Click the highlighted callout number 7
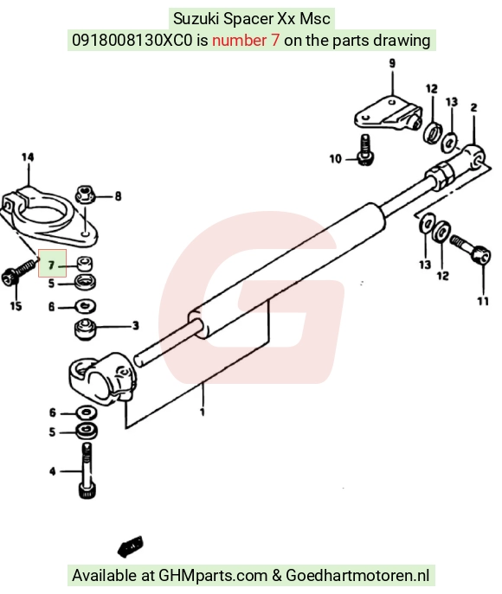51,265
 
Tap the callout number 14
28,156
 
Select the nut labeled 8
85,195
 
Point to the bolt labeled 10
365,150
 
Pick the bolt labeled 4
87,470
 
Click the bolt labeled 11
471,248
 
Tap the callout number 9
392,63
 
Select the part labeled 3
86,329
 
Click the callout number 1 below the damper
203,412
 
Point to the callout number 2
474,107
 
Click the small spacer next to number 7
85,264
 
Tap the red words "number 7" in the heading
246,40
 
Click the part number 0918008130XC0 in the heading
132,40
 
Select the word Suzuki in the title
196,18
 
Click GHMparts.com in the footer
213,575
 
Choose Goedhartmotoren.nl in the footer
357,575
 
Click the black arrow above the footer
130,546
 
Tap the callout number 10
336,159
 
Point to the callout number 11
483,301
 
